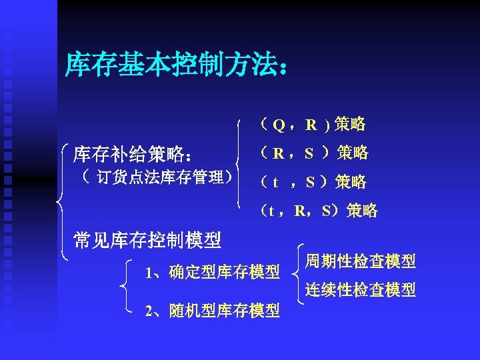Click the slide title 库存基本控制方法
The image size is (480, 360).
[x=177, y=66]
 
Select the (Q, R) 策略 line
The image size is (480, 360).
[x=313, y=124]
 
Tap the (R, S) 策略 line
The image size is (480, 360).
[x=314, y=153]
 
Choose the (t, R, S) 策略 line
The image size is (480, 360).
[x=319, y=211]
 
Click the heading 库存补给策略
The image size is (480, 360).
[x=133, y=154]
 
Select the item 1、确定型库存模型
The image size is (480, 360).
[x=212, y=272]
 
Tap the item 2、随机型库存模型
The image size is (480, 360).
[x=212, y=311]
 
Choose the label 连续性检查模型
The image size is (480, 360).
[x=360, y=290]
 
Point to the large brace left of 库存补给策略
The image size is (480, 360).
[x=61, y=200]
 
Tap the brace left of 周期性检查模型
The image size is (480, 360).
[x=298, y=273]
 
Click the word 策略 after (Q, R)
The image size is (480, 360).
[x=350, y=124]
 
